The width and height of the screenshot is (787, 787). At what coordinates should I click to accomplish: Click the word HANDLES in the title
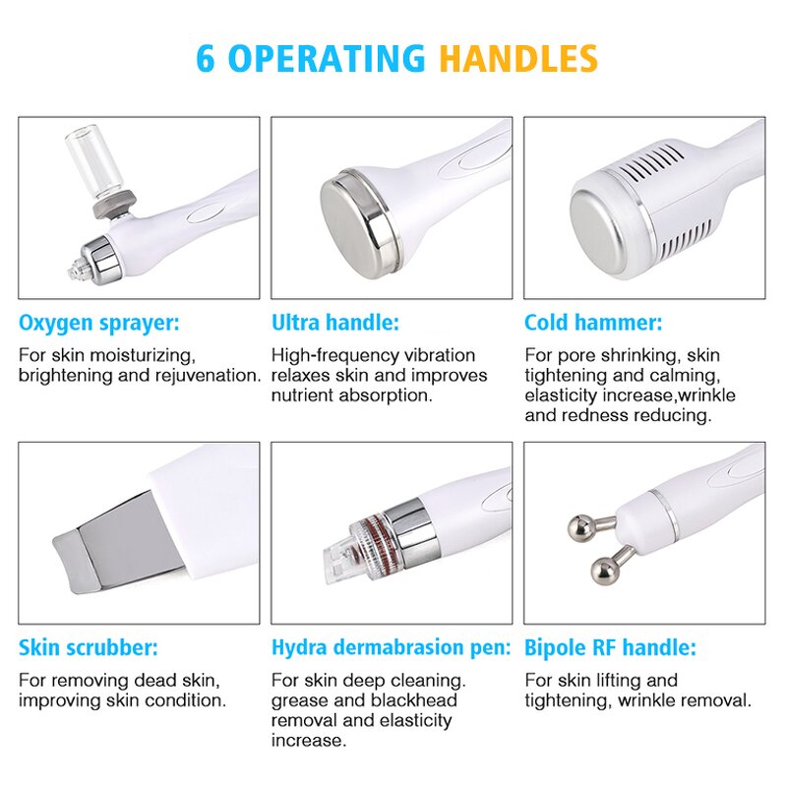click(x=517, y=58)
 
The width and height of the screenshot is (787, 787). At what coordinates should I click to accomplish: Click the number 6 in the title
click(x=205, y=58)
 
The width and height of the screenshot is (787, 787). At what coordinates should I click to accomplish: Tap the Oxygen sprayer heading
click(x=99, y=323)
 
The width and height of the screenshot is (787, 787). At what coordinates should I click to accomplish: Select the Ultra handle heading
click(x=334, y=323)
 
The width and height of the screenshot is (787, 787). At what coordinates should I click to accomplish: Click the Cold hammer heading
click(x=593, y=323)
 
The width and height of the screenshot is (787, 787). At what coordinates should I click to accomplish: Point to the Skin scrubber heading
click(x=88, y=648)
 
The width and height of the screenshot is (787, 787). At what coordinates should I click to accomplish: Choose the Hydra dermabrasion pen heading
click(x=391, y=648)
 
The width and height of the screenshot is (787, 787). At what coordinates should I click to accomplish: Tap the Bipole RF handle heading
click(x=610, y=648)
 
